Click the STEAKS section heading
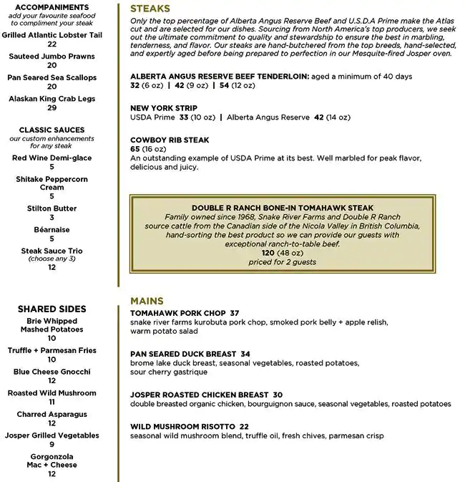(150, 9)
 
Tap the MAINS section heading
(147, 301)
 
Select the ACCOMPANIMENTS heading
(52, 7)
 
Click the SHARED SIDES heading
(52, 309)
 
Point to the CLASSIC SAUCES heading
(52, 130)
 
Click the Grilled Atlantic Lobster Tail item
(52, 35)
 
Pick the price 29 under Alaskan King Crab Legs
(52, 108)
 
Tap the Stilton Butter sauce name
(52, 208)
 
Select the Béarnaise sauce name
(52, 230)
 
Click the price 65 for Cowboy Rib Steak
(135, 149)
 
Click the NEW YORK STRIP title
(164, 108)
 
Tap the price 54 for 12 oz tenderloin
(225, 85)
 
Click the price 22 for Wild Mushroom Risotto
(244, 426)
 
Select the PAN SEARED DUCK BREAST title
(183, 354)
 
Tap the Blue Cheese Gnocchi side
(52, 372)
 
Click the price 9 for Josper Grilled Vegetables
(52, 445)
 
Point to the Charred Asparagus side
(52, 414)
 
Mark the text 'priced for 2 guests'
(282, 262)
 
